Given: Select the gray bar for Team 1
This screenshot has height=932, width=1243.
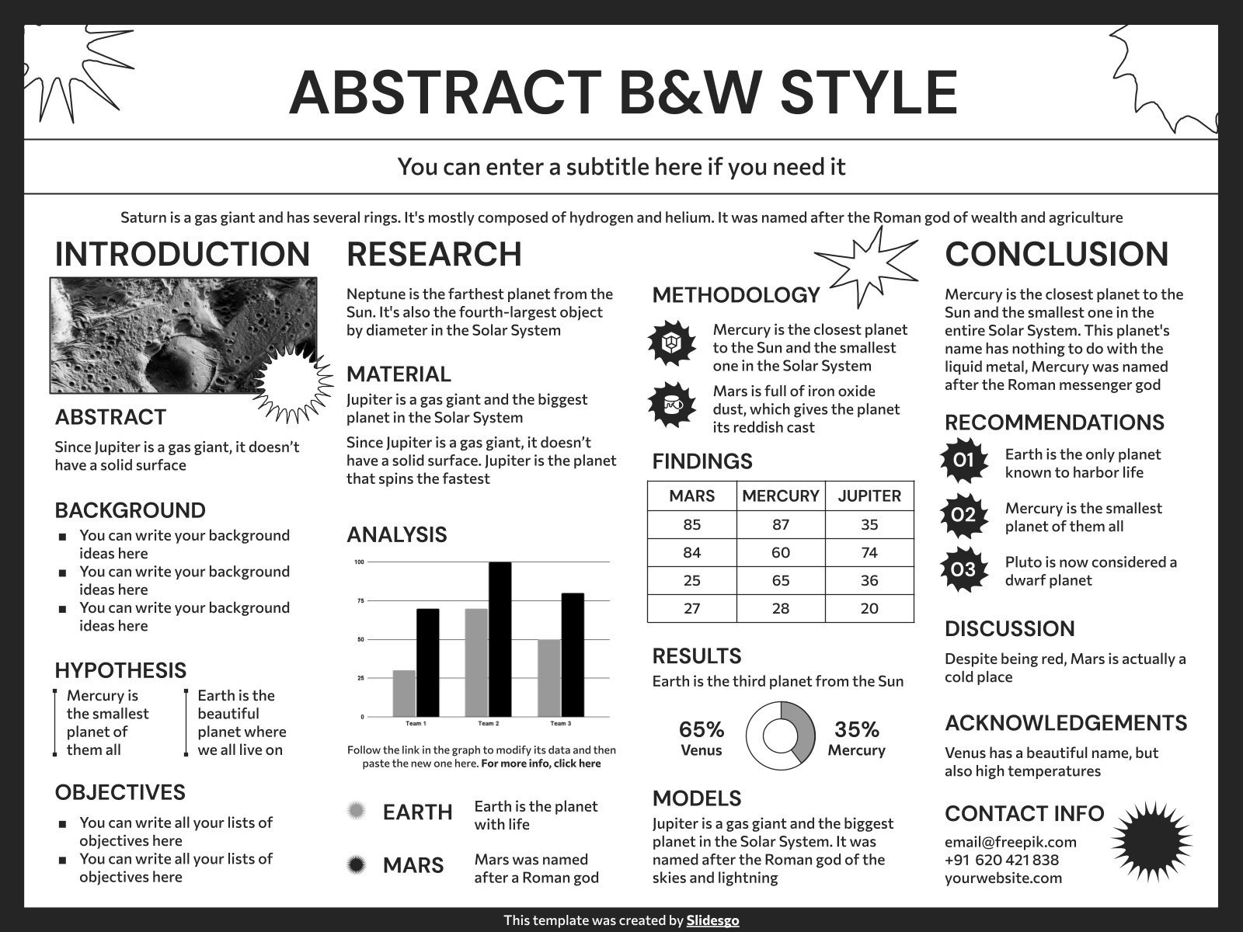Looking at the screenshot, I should point(404,693).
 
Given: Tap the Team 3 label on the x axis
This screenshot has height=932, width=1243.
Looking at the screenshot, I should point(560,724).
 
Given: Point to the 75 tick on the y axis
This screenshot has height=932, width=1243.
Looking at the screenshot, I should point(360,600).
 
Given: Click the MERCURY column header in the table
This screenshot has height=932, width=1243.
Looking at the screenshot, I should point(780,496).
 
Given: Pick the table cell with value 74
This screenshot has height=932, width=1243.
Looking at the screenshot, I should point(869,552).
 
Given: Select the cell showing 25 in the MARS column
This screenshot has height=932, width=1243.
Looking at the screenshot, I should point(691,580).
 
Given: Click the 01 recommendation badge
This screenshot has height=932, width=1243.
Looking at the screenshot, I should point(963,461).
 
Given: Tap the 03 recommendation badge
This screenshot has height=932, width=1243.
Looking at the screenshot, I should point(963,569).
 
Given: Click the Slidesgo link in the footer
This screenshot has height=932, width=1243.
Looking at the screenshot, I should point(712,920).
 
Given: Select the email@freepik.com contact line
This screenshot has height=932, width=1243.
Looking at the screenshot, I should point(1010,842).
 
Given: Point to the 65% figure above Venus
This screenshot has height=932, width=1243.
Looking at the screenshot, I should point(701,730).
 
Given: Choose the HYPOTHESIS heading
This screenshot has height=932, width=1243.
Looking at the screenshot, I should point(120,670).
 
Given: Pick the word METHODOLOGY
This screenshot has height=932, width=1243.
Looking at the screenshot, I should point(736,295).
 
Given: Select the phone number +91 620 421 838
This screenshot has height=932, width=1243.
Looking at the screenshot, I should point(1001,860).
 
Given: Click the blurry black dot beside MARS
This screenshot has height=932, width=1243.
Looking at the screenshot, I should point(357,864).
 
